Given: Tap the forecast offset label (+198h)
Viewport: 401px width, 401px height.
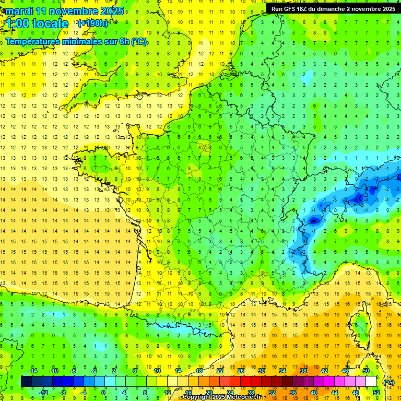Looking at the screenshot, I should [93, 23].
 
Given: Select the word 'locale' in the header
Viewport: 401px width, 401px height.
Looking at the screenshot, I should [50, 23].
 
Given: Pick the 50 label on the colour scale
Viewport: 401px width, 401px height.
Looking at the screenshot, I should [365, 370].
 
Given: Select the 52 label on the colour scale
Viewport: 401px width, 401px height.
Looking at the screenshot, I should [376, 393].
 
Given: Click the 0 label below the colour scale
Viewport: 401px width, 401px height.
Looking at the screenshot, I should [103, 393].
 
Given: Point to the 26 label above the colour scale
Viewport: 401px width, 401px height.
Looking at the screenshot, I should [241, 370].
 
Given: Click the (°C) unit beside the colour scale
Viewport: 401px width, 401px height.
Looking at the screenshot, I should [388, 382].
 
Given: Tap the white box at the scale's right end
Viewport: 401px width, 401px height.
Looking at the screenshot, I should [371, 381].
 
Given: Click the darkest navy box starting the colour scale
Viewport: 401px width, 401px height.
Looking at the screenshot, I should [26, 381].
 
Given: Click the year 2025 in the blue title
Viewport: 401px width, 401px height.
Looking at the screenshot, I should [112, 11].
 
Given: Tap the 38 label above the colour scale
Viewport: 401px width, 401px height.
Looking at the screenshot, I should [303, 370].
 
